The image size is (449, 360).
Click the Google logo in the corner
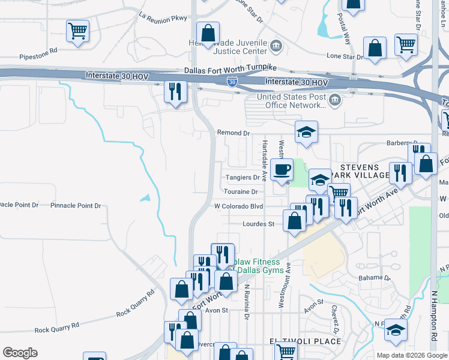click(x=20, y=353)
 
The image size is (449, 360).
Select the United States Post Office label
click(x=292, y=101)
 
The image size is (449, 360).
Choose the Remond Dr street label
click(x=233, y=133)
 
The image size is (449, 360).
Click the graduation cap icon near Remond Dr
click(x=306, y=132)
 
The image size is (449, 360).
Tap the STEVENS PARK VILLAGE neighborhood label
click(x=365, y=171)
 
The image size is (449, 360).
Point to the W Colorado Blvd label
click(x=239, y=206)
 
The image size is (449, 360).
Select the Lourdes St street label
click(x=258, y=224)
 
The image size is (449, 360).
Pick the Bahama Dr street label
click(x=374, y=278)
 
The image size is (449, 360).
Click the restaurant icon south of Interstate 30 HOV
click(x=176, y=92)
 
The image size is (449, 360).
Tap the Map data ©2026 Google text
click(x=411, y=355)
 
